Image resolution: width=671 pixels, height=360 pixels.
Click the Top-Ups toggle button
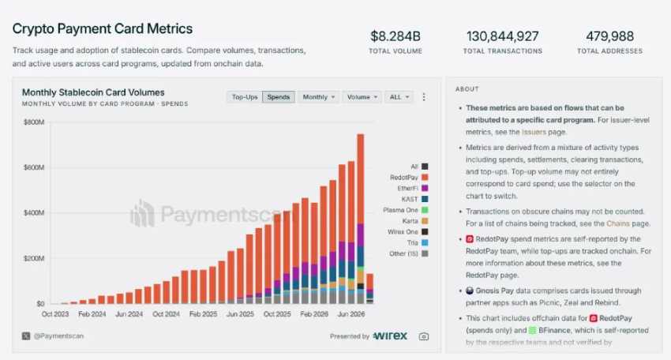[245, 97]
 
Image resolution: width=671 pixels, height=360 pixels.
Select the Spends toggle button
[279, 97]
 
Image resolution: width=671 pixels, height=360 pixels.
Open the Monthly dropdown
[318, 97]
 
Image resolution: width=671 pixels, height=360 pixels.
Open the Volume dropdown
[362, 97]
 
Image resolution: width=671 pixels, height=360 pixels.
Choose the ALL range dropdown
[399, 97]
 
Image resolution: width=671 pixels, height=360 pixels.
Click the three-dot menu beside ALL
[424, 97]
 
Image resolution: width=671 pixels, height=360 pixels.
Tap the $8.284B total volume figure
[395, 36]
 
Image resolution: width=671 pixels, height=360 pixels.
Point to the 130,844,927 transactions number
[502, 36]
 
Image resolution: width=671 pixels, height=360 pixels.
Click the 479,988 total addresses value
[609, 36]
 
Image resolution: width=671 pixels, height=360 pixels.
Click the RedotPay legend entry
[409, 177]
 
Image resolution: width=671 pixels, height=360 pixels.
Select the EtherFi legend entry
[413, 188]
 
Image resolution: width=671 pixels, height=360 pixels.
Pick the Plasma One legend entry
[405, 210]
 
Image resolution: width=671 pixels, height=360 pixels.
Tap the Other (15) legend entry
[408, 253]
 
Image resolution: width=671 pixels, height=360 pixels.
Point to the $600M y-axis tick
[34, 167]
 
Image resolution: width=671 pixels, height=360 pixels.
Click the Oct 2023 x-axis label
[55, 313]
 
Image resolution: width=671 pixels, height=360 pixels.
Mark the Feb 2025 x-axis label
[203, 313]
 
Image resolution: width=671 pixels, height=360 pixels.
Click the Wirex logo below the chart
[390, 336]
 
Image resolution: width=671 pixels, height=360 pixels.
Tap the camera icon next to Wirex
[424, 336]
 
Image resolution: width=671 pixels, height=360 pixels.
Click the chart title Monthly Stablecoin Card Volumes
[93, 92]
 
